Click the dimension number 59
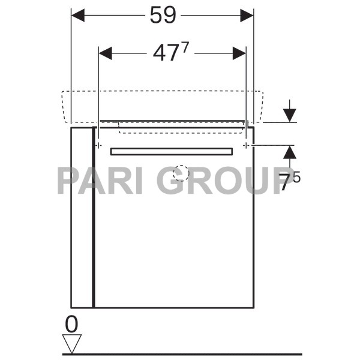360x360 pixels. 163,16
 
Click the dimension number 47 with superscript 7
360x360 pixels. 166,53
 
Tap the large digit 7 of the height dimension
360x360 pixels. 287,182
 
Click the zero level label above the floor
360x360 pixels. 71,325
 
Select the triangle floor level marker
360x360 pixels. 72,344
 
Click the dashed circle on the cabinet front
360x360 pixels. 181,174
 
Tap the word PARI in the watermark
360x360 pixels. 99,180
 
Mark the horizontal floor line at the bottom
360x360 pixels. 180,354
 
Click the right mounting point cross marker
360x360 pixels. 246,145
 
